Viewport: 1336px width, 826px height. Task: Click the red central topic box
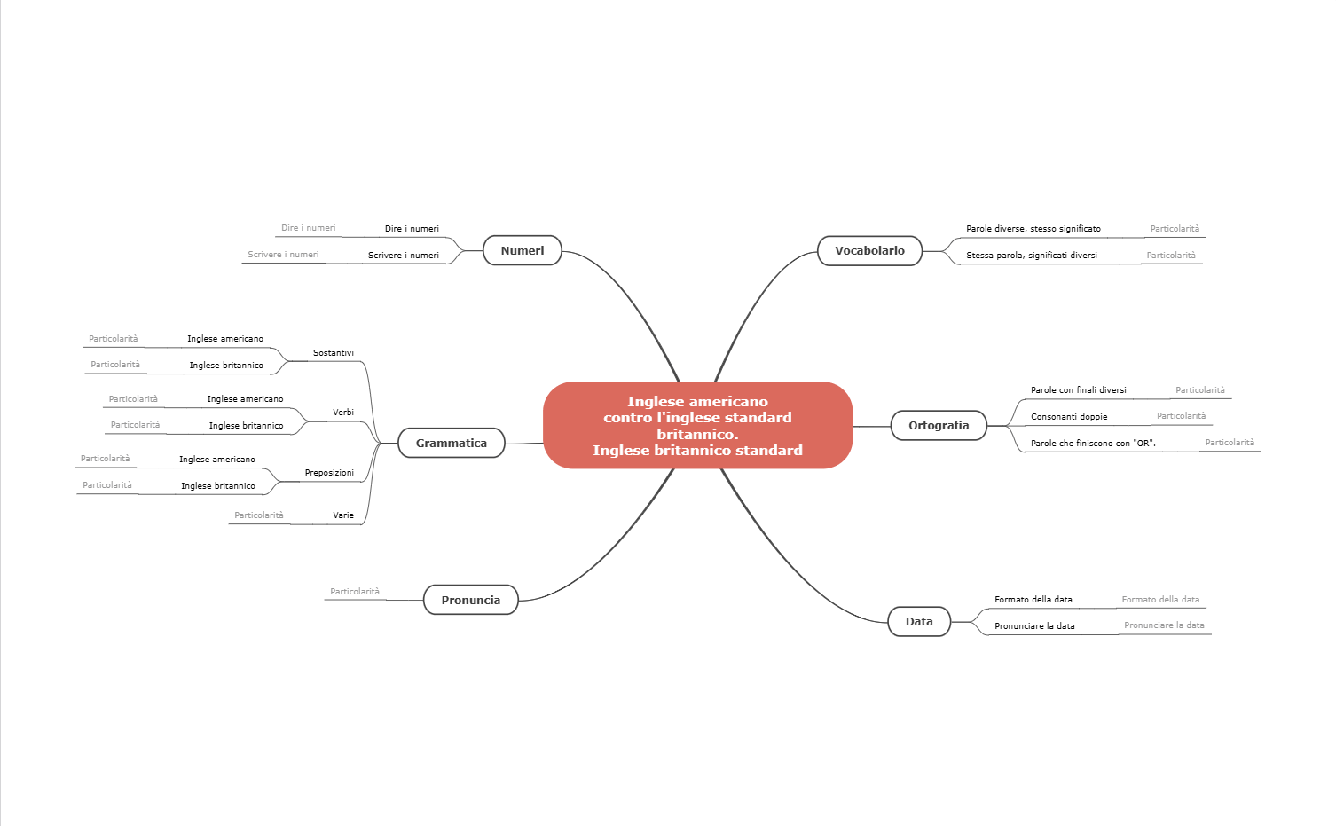click(x=697, y=425)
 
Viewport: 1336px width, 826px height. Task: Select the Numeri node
click(x=522, y=250)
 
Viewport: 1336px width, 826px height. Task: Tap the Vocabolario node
click(x=869, y=250)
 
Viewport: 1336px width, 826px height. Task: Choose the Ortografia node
click(x=939, y=425)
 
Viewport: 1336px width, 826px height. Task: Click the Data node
click(x=918, y=621)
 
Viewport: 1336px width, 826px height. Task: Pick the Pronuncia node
click(x=470, y=600)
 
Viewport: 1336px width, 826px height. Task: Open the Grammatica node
click(x=451, y=443)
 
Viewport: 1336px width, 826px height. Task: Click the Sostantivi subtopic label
click(x=334, y=353)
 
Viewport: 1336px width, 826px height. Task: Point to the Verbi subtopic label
click(x=343, y=412)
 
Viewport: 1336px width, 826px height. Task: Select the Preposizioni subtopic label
click(x=329, y=473)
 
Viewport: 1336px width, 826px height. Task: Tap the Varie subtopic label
click(x=343, y=515)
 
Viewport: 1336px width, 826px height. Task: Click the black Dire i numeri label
click(x=412, y=228)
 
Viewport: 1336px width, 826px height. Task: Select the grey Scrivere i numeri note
click(x=283, y=255)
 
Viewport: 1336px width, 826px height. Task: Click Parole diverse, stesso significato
click(x=1033, y=228)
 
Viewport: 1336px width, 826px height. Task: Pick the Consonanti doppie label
click(x=1069, y=417)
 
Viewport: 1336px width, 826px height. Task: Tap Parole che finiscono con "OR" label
click(x=1093, y=443)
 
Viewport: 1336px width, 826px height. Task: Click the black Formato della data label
click(x=1033, y=600)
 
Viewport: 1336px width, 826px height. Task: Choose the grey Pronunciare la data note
click(x=1164, y=625)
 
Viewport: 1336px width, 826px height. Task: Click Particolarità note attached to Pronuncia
click(x=354, y=592)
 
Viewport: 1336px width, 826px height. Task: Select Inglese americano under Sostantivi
click(x=224, y=339)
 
